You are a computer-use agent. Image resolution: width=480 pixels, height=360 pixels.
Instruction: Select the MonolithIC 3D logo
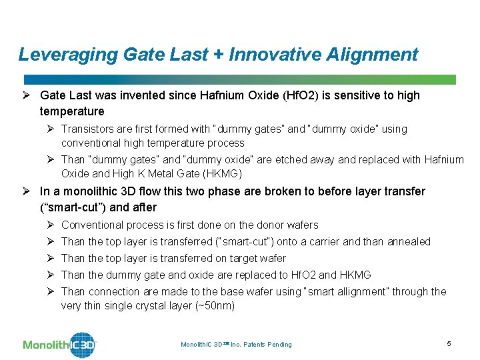point(60,344)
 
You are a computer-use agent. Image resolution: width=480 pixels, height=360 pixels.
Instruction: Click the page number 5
point(449,343)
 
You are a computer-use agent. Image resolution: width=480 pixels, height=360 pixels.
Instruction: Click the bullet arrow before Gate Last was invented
point(27,95)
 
